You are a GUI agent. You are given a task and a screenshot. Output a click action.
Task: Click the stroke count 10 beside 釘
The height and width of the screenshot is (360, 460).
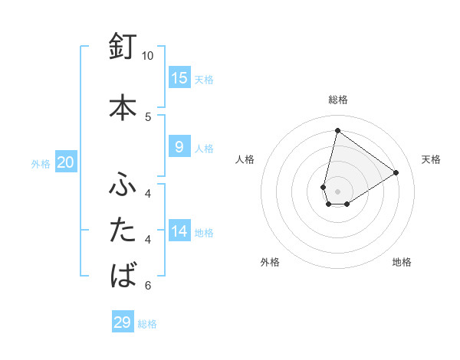coord(148,56)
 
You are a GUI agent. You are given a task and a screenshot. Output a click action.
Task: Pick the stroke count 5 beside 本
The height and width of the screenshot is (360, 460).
coord(148,116)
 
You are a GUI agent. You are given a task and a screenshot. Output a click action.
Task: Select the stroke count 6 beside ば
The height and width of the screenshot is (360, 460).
coord(148,286)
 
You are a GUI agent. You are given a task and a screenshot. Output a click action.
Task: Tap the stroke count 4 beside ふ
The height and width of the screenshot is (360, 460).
coord(148,194)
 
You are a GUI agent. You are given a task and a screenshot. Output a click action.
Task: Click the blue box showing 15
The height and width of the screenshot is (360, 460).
coord(179,78)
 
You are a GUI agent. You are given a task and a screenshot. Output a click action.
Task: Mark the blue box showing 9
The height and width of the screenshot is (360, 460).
coord(179,147)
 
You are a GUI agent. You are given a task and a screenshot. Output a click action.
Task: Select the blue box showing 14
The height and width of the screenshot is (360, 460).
coord(179,231)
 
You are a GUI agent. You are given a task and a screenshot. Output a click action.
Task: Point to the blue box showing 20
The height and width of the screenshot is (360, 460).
coord(66,162)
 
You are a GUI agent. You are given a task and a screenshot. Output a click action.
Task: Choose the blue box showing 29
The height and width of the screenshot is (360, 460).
coord(123,322)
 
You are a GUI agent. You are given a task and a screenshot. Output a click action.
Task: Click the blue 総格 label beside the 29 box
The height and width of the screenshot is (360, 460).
coord(147,324)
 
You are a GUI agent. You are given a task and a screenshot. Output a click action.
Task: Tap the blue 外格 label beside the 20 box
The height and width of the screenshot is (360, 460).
coord(41,164)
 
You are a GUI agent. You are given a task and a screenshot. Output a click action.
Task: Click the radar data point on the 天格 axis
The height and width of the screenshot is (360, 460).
coord(396,172)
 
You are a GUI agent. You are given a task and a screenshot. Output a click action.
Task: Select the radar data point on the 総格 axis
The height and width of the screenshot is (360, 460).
coord(337,130)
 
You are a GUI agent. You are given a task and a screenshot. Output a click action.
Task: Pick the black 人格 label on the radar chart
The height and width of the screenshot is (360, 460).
coord(245,159)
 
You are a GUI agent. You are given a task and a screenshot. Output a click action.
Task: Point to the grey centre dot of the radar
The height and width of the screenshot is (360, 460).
coord(337,191)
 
